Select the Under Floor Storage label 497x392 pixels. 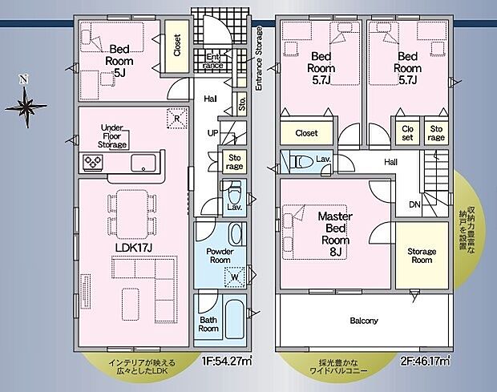pyautogui.click(x=114, y=136)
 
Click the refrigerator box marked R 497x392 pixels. pyautogui.click(x=176, y=119)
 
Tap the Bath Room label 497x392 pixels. pyautogui.click(x=208, y=324)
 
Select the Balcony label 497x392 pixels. pyautogui.click(x=363, y=321)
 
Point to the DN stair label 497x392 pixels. pyautogui.click(x=414, y=204)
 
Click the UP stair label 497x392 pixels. pyautogui.click(x=212, y=132)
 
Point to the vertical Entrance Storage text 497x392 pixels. pyautogui.click(x=259, y=59)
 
